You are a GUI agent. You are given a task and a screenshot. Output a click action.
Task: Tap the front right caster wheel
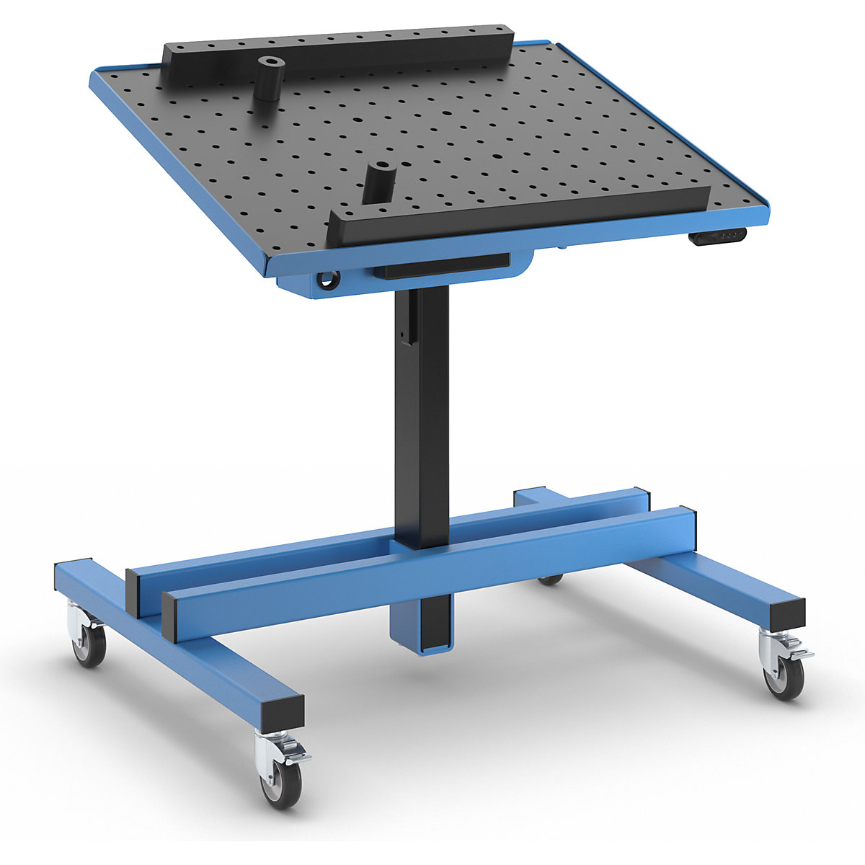tap(784, 678)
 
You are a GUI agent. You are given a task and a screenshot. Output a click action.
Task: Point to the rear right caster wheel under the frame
tap(551, 580)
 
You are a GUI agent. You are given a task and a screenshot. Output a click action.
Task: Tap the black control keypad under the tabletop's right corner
tap(717, 236)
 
